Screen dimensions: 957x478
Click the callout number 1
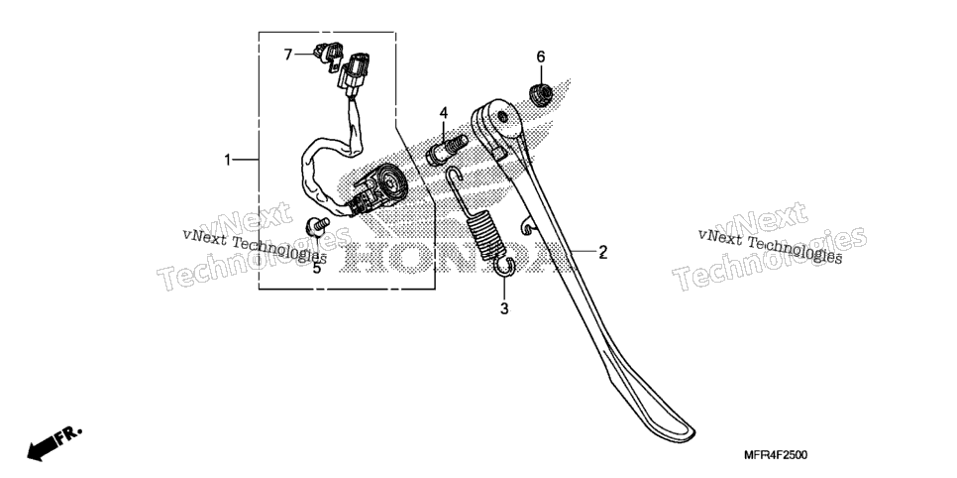coord(228,160)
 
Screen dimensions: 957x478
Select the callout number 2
coord(602,251)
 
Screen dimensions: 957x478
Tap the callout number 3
coord(504,308)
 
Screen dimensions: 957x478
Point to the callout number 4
coord(444,112)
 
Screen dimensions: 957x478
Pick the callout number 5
coord(317,268)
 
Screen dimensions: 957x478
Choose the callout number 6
coord(541,57)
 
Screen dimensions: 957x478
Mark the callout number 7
coord(288,55)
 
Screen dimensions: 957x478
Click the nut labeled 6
coord(541,95)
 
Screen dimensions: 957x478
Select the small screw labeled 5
coord(317,227)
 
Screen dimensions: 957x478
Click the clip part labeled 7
coord(328,56)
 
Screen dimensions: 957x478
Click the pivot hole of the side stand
coord(502,116)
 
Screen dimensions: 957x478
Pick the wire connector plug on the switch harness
coord(356,75)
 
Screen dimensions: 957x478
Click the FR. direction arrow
coord(53,443)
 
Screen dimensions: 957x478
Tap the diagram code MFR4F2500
coord(776,455)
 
